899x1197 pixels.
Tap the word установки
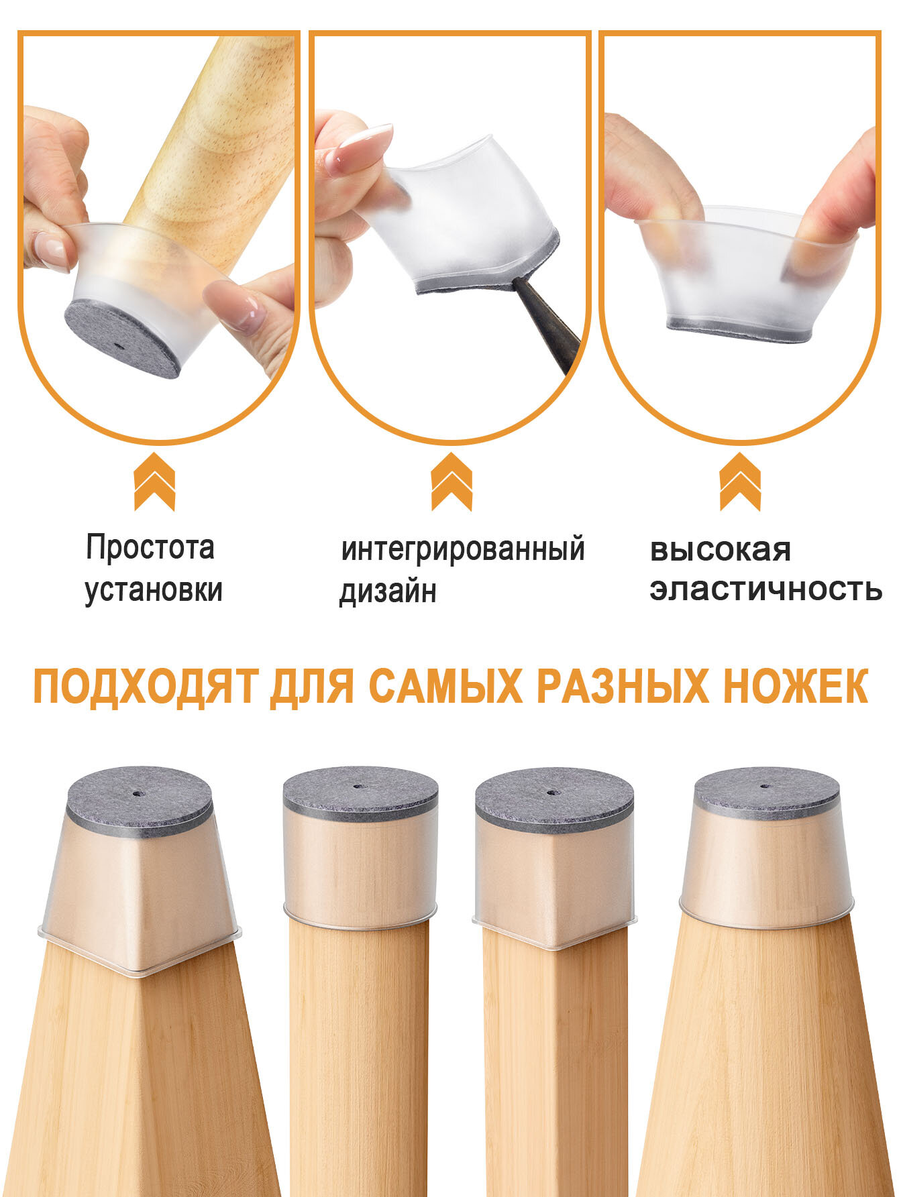tap(154, 590)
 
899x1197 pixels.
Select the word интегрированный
tap(463, 550)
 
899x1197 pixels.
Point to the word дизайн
tap(388, 591)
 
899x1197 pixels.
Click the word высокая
tap(721, 551)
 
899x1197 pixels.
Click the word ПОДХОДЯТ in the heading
tap(145, 686)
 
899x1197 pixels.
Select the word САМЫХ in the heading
tap(445, 685)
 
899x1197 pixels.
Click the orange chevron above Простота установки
tap(154, 481)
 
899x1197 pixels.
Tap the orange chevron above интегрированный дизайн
tap(452, 481)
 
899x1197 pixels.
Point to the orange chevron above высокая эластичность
tap(740, 481)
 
